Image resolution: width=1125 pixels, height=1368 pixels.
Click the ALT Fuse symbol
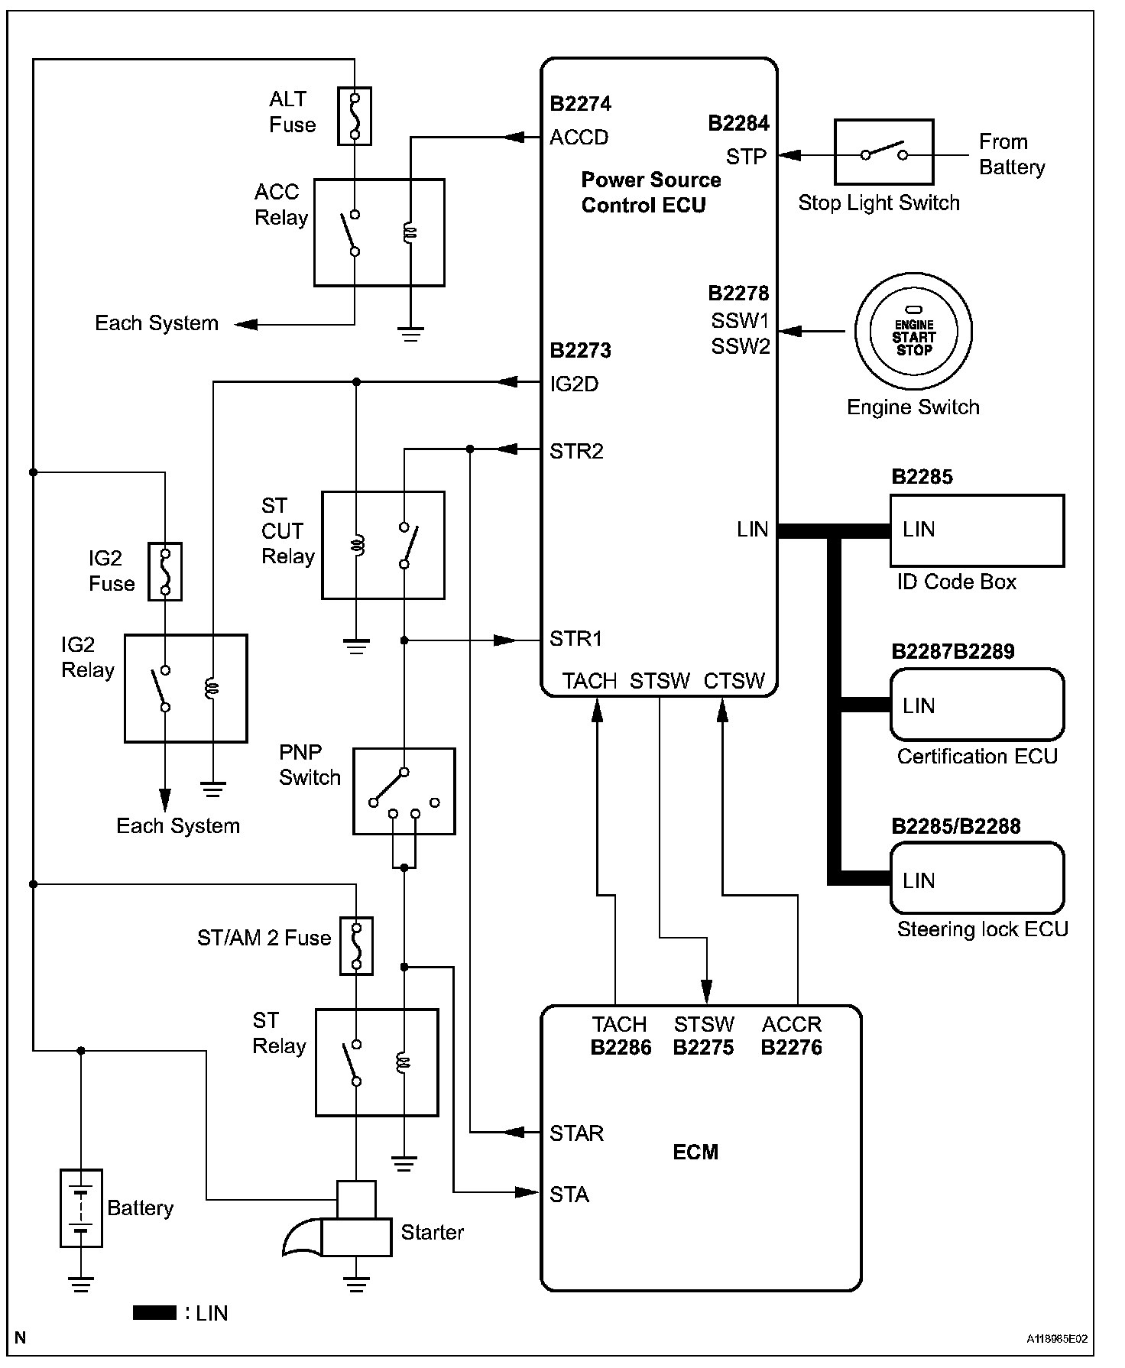(x=355, y=116)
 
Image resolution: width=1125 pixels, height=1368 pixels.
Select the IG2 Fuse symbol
(x=164, y=572)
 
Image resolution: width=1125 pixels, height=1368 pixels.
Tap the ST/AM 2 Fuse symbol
(x=356, y=946)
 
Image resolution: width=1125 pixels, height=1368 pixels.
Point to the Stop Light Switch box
(x=883, y=152)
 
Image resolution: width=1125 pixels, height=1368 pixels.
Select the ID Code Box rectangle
(x=977, y=530)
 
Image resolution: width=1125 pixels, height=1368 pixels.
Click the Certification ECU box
(x=977, y=705)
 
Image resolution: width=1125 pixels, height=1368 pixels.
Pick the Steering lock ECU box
(x=977, y=878)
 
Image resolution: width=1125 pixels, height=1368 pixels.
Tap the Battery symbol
(x=81, y=1208)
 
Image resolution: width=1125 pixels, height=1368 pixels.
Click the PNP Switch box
(x=404, y=791)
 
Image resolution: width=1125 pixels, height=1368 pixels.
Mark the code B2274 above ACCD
(x=581, y=104)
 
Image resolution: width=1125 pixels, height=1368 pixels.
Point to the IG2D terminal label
(x=574, y=384)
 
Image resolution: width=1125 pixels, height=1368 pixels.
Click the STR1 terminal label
(x=575, y=639)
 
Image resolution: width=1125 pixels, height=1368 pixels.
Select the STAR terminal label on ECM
(x=576, y=1133)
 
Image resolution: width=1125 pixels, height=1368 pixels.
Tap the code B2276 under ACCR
(x=791, y=1048)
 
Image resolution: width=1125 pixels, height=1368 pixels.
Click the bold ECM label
(x=695, y=1152)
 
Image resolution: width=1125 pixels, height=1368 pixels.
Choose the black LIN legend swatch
(x=154, y=1313)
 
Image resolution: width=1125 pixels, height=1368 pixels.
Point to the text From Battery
(x=1011, y=154)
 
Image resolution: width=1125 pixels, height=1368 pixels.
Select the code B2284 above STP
(x=738, y=124)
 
